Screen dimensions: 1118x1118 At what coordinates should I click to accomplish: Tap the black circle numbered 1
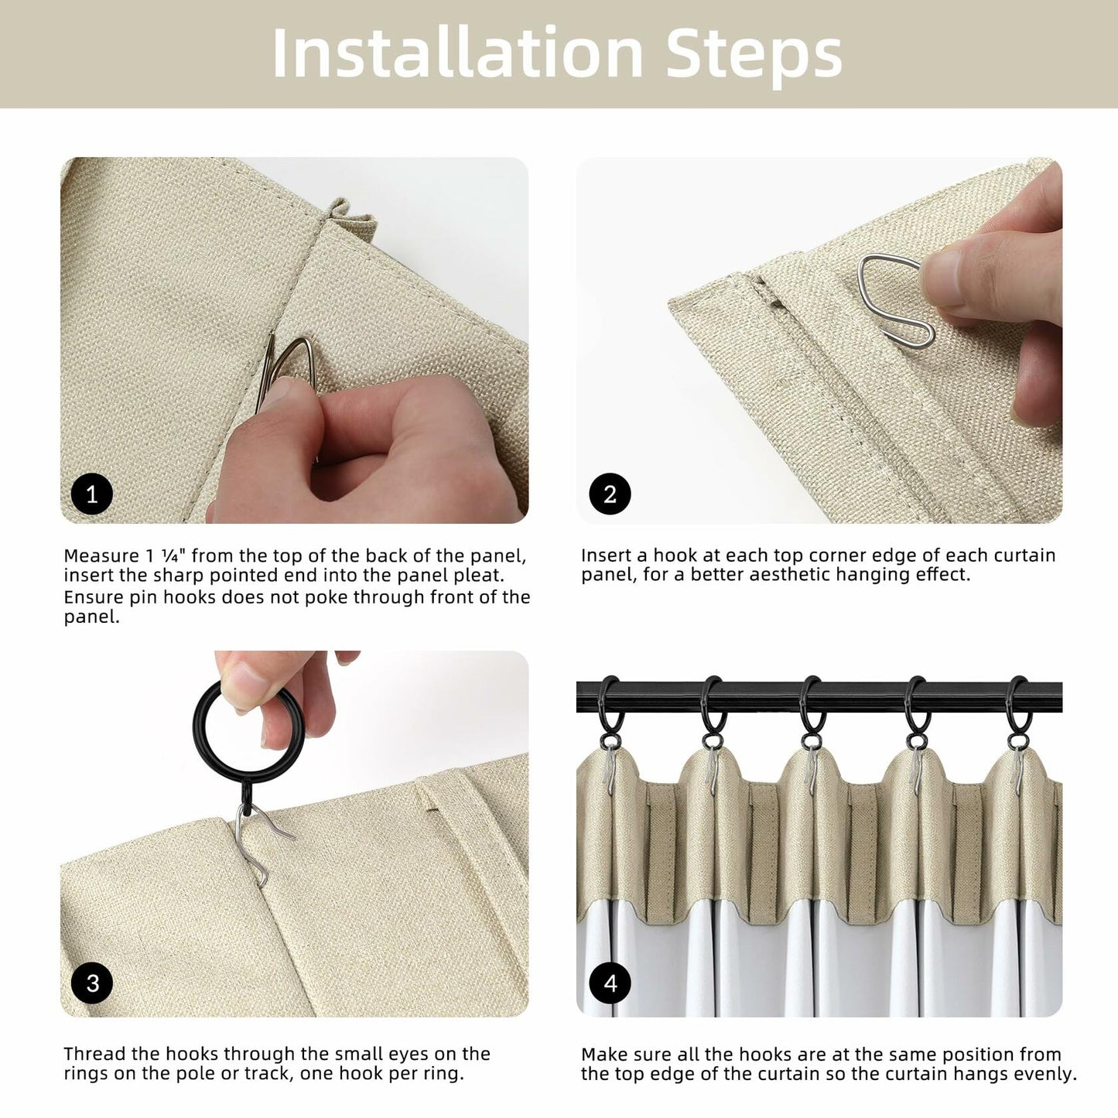point(91,494)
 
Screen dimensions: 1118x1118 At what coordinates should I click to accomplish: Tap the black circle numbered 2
point(610,494)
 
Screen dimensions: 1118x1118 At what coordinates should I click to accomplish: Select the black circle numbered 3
point(91,983)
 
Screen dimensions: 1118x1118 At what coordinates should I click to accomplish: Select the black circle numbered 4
point(610,983)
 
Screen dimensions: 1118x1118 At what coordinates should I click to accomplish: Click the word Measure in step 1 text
point(101,556)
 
